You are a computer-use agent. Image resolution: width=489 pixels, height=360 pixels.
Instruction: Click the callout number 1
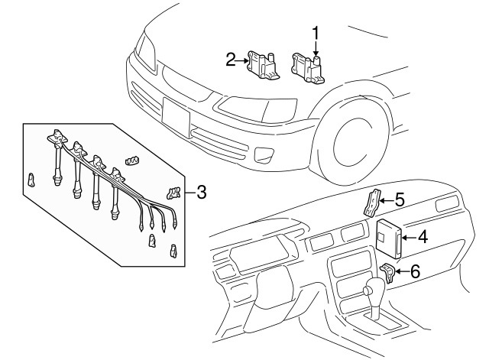(x=315, y=33)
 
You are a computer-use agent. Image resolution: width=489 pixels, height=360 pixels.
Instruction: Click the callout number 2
(x=229, y=58)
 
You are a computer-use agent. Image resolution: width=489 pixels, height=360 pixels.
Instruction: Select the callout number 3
(x=200, y=191)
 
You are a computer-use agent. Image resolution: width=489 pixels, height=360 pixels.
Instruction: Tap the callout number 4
(x=422, y=237)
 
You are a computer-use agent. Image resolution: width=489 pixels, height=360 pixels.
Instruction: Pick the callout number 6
(x=415, y=271)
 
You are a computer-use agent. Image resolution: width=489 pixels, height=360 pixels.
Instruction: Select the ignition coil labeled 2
(x=264, y=63)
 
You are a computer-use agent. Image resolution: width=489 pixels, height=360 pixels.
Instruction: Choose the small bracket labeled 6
(x=387, y=271)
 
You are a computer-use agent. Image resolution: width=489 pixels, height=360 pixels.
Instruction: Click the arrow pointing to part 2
(x=243, y=58)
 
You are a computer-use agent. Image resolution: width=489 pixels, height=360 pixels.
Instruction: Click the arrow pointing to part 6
(x=400, y=271)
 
